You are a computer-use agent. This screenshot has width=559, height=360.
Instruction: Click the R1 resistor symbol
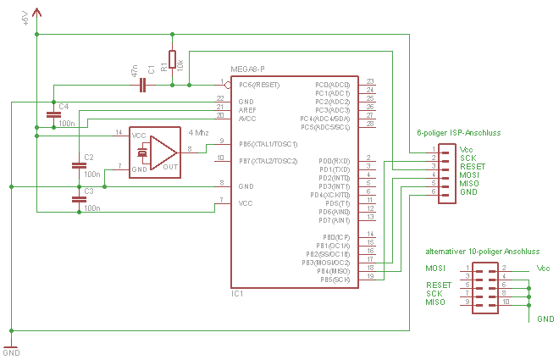[x=172, y=58]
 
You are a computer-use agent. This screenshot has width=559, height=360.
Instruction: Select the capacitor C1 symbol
[x=145, y=85]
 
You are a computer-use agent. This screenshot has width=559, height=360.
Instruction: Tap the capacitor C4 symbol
[x=53, y=112]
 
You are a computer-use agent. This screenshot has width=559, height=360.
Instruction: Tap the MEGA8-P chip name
[x=247, y=69]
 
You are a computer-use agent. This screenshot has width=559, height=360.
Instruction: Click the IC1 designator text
[x=237, y=294]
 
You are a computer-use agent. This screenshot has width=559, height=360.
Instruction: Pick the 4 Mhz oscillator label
[x=198, y=134]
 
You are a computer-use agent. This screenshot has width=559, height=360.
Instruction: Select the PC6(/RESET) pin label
[x=260, y=85]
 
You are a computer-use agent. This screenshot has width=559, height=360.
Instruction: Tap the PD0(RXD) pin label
[x=334, y=160]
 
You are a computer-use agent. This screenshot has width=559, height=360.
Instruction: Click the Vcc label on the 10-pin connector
[x=543, y=269]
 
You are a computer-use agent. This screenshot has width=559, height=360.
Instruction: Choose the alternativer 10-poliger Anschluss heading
[x=482, y=252]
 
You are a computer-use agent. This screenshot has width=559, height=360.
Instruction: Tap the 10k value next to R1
[x=180, y=64]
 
